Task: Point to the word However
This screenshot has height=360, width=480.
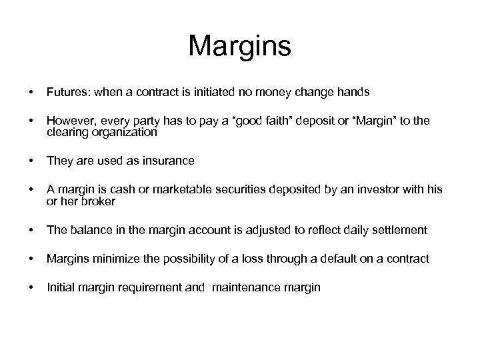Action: tap(70, 121)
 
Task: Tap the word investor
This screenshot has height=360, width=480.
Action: tap(376, 190)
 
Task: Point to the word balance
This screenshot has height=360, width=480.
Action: tap(87, 230)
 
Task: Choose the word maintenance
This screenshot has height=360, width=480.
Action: tap(249, 287)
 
